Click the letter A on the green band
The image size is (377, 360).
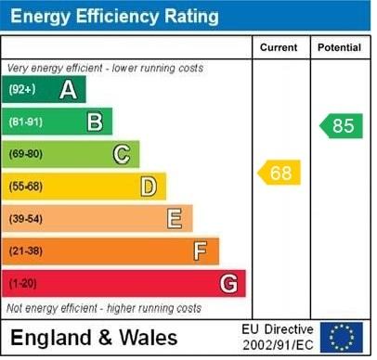point(68,90)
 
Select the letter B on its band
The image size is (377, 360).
point(95,122)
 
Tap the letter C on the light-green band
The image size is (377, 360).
point(122,154)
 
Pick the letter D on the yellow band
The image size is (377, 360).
point(149,186)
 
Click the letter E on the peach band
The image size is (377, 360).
point(175,219)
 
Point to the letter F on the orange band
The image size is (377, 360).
point(201,251)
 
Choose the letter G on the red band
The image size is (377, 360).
point(228,283)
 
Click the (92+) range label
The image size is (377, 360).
point(22,90)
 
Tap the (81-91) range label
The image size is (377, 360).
point(26,122)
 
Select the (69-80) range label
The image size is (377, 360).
point(26,154)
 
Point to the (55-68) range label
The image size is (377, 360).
point(26,186)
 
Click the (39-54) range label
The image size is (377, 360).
point(26,219)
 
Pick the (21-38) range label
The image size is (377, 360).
point(26,251)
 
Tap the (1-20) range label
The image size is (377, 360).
point(23,283)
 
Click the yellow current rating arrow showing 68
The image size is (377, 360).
point(279,173)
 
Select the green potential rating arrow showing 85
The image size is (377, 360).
point(342,125)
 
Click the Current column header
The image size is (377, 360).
point(279,47)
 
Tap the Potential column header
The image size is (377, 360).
point(339,47)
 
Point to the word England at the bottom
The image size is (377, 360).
point(46,336)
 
